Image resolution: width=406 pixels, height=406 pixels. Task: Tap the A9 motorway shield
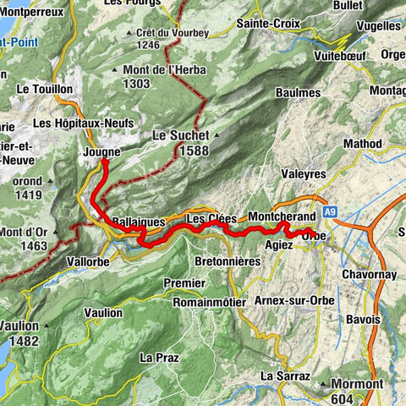[329, 211]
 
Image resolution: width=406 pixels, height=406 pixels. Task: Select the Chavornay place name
[370, 276]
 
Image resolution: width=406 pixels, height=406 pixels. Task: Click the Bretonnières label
[228, 261]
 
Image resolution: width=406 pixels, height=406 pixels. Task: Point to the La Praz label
[159, 357]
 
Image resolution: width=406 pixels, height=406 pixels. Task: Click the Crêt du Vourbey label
[168, 31]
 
